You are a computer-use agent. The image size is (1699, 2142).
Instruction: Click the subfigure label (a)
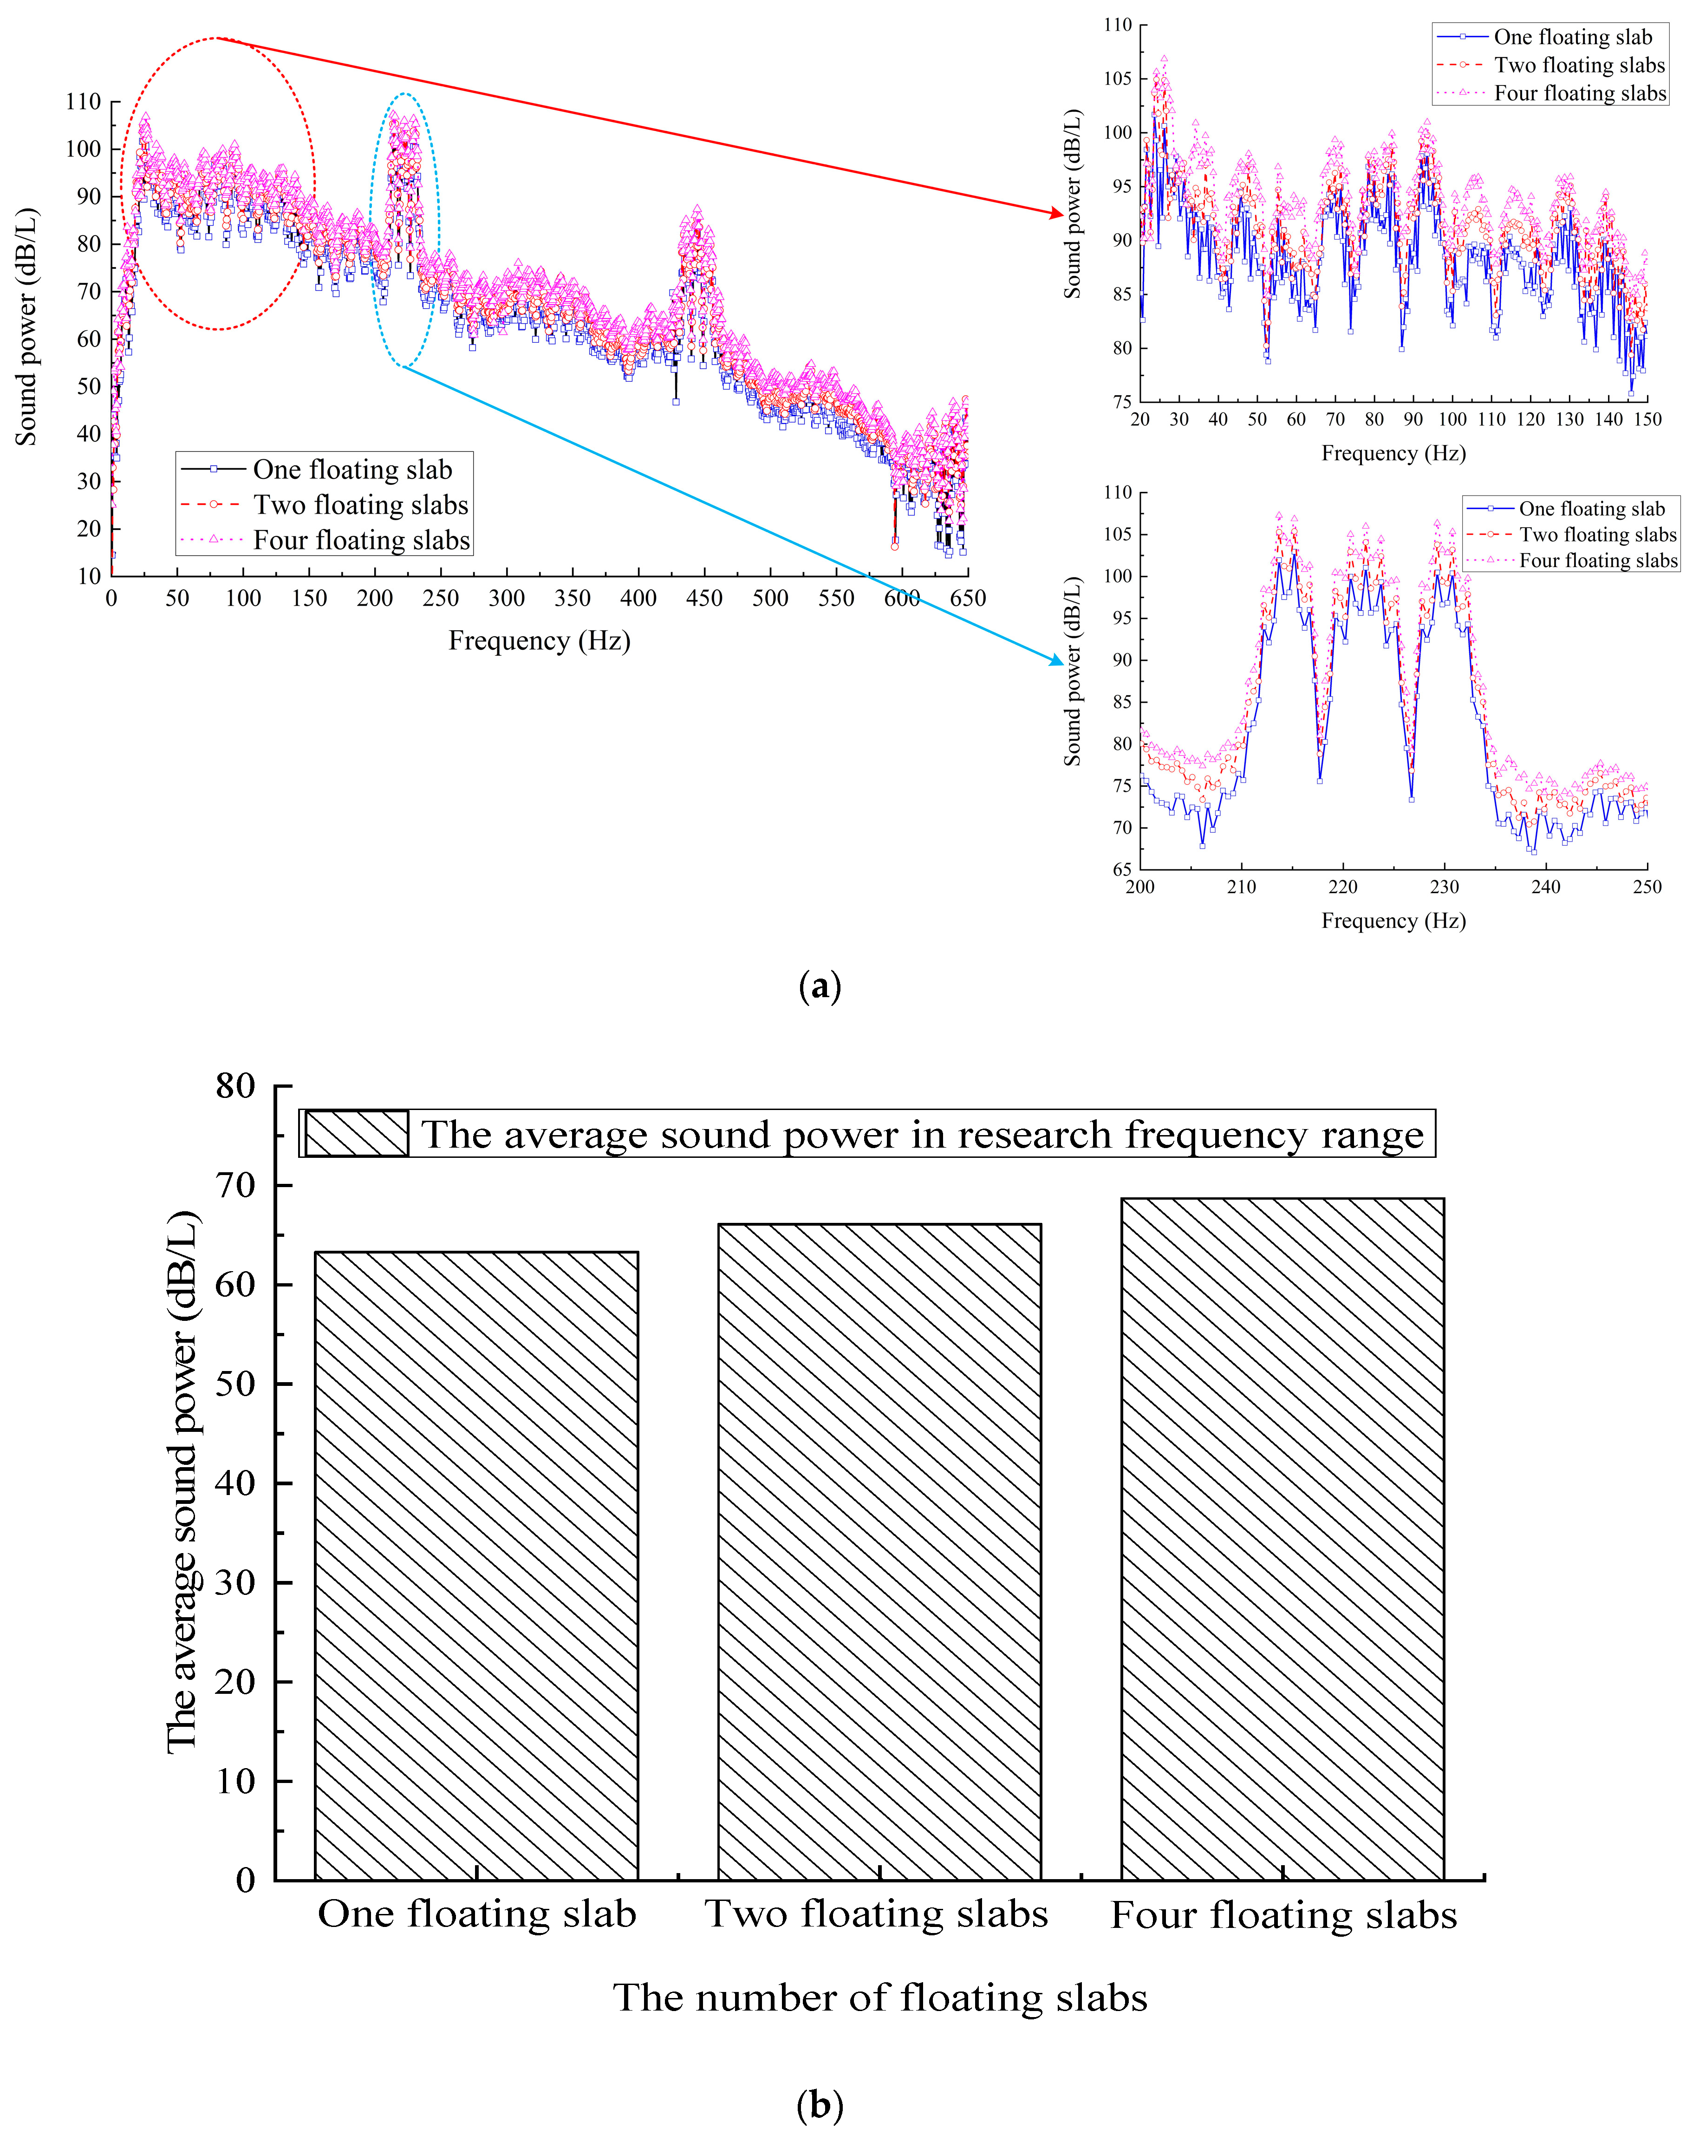(820, 986)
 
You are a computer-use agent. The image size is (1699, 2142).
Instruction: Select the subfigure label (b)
(820, 2104)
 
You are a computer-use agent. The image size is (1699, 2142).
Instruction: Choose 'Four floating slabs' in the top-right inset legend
(1580, 93)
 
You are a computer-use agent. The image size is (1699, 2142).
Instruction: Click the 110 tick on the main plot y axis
(84, 101)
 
